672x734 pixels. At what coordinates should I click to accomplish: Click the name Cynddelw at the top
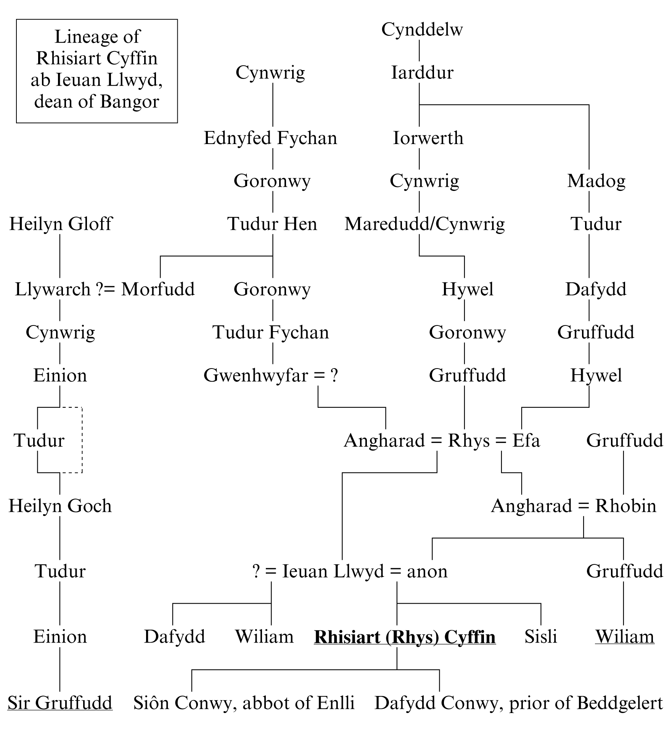[x=422, y=30]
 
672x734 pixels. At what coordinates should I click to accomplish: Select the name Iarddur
[x=422, y=73]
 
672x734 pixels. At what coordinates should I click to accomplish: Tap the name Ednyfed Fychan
[x=270, y=138]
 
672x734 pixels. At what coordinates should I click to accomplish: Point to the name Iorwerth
[x=428, y=138]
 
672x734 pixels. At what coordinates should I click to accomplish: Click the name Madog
[x=596, y=181]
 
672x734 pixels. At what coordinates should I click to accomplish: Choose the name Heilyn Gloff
[x=61, y=224]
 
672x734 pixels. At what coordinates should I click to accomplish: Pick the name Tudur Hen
[x=272, y=224]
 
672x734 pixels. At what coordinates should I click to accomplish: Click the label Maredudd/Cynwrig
[x=424, y=224]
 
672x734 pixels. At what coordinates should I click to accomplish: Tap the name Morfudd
[x=158, y=289]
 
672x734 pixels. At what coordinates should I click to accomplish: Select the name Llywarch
[x=52, y=289]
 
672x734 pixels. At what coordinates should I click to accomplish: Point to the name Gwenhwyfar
[x=256, y=375]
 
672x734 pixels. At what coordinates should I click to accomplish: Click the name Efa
[x=526, y=441]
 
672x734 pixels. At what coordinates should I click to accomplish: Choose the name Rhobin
[x=625, y=506]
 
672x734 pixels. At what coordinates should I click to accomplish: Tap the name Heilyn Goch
[x=60, y=506]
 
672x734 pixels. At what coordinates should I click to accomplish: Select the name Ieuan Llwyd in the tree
[x=333, y=571]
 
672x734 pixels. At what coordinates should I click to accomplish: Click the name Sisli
[x=540, y=637]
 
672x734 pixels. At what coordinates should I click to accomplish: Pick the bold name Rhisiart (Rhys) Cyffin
[x=405, y=637]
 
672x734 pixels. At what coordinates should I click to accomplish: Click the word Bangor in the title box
[x=129, y=102]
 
